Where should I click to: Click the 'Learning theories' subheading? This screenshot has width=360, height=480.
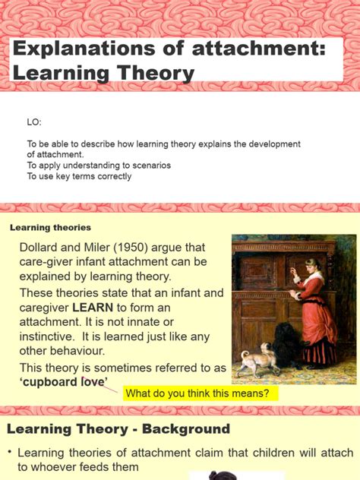tap(50, 227)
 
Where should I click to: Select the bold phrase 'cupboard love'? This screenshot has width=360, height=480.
tap(65, 381)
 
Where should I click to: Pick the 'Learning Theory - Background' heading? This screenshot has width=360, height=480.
tap(118, 429)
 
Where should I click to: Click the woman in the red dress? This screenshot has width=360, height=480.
tap(314, 304)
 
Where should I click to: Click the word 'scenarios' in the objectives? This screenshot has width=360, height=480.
tap(150, 165)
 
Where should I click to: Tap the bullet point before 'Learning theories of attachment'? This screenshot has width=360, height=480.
tap(10, 453)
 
